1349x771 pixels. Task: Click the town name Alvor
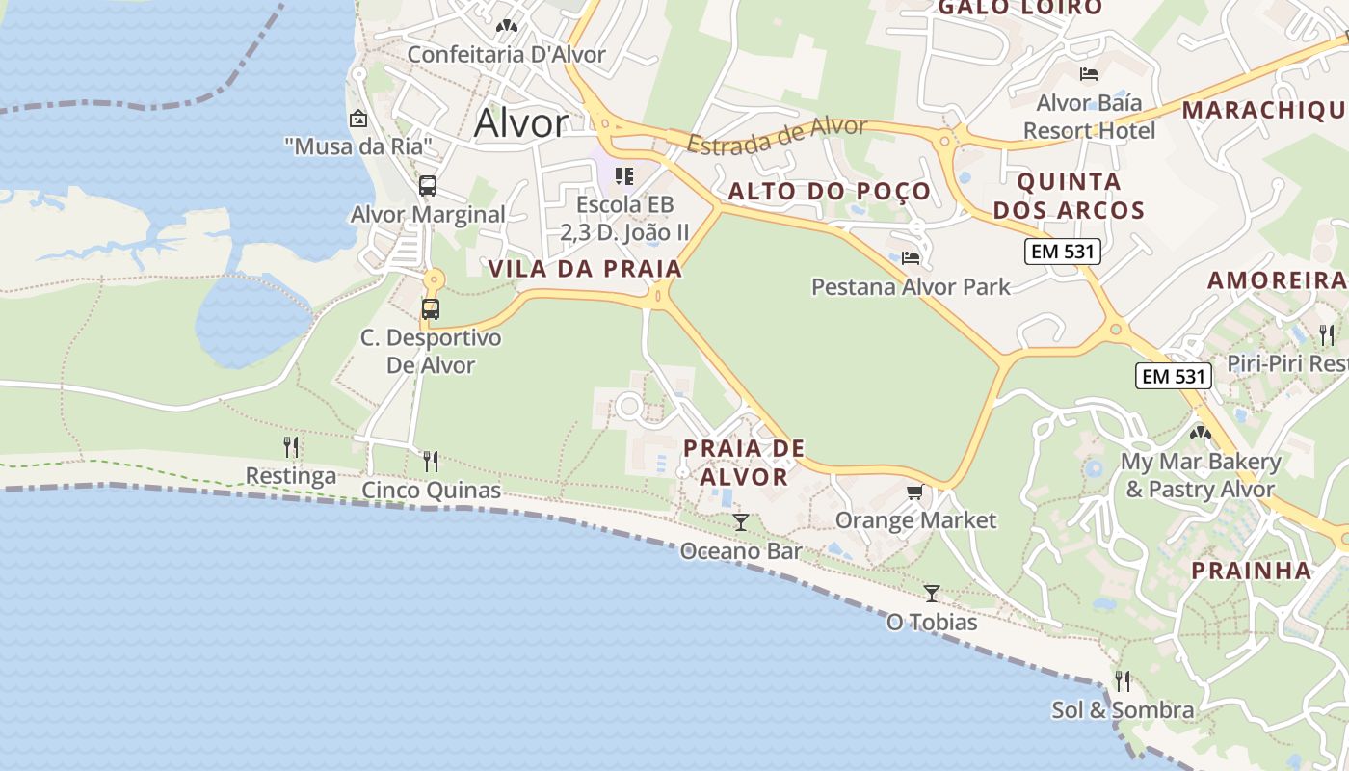click(x=521, y=123)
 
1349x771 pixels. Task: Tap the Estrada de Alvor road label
click(x=778, y=135)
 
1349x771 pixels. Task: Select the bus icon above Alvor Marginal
click(x=428, y=186)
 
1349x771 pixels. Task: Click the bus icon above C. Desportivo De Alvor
click(x=431, y=309)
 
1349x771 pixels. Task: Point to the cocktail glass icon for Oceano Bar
click(x=740, y=522)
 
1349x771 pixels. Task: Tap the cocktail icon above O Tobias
click(x=932, y=593)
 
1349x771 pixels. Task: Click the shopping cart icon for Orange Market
click(x=914, y=492)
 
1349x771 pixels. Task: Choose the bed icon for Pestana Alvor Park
click(x=911, y=257)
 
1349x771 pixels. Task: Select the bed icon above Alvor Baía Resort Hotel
click(x=1089, y=73)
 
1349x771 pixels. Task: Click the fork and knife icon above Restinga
click(x=291, y=446)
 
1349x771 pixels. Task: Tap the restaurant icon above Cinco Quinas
click(x=431, y=461)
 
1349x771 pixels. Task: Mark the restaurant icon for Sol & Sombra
click(x=1123, y=681)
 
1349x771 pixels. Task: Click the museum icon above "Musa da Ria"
click(x=358, y=119)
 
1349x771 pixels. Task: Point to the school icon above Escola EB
click(x=624, y=176)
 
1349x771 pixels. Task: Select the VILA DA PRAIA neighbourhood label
click(x=585, y=269)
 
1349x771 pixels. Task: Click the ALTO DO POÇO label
click(x=830, y=191)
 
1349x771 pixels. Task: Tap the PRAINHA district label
click(x=1251, y=570)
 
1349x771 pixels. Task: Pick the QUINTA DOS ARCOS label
click(x=1069, y=196)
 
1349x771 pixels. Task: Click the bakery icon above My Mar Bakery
click(x=1201, y=433)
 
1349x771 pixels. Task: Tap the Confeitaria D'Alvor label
click(x=506, y=54)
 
